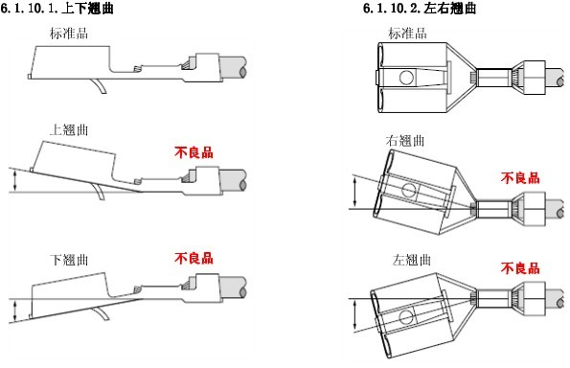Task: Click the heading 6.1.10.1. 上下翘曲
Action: pos(57,8)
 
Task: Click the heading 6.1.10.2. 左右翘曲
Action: pos(420,8)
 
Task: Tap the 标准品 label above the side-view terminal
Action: pos(69,34)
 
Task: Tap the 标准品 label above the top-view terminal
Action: pos(407,34)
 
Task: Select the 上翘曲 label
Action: pos(69,129)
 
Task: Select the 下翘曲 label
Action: pos(69,260)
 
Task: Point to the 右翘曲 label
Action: pos(405,140)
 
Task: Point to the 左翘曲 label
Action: pos(412,260)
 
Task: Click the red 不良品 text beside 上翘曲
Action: pos(194,152)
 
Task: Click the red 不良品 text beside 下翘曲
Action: pos(194,258)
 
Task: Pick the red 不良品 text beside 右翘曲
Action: pos(520,178)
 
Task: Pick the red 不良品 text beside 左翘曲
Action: pos(520,268)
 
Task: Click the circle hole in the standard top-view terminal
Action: pos(406,78)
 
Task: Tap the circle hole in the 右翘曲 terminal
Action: pos(409,191)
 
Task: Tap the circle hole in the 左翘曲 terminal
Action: pos(405,316)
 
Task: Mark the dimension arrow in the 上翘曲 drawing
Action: pos(14,181)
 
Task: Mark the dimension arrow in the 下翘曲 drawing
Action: pos(14,310)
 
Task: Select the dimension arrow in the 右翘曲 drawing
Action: pos(355,193)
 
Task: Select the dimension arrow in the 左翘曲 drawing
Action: pos(355,315)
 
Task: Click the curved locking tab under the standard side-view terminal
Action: pos(100,86)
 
